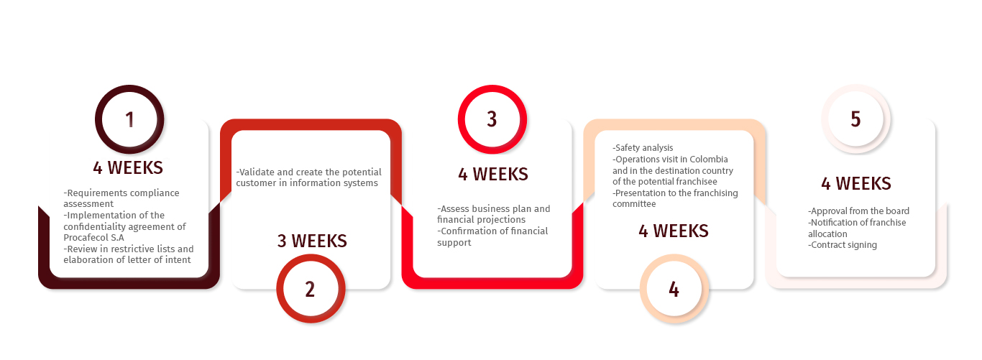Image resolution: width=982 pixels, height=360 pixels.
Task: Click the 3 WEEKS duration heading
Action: pos(312,241)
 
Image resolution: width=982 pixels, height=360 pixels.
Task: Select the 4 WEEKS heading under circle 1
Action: pos(128,167)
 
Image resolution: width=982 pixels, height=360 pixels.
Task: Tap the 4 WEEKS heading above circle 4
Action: pos(674,231)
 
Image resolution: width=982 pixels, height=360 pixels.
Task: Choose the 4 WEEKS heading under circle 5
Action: pos(856,183)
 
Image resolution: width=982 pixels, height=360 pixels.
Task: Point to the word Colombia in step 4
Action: pos(709,159)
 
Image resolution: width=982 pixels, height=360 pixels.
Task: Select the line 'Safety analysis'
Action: pos(643,148)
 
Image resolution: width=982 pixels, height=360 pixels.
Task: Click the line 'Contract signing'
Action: pos(842,245)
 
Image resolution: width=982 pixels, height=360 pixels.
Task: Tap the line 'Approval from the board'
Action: pos(858,211)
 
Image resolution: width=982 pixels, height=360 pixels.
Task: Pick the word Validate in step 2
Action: pos(255,172)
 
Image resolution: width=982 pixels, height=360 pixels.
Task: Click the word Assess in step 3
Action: pos(454,209)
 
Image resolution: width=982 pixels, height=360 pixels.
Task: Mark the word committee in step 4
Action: pos(634,203)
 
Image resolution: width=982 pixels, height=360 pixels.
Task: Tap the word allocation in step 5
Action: pos(827,234)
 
